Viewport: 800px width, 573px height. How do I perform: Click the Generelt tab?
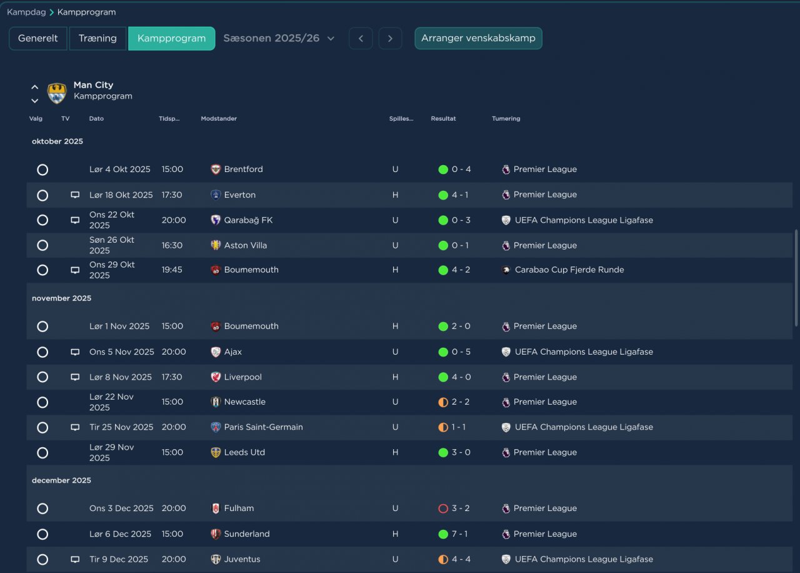click(x=38, y=38)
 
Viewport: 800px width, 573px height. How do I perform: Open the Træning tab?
click(x=97, y=38)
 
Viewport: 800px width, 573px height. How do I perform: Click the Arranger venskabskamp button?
click(x=478, y=38)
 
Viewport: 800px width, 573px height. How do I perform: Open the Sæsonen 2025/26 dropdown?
click(x=279, y=38)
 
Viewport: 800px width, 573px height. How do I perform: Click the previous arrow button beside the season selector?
click(x=361, y=38)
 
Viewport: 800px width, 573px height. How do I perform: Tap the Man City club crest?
click(x=57, y=93)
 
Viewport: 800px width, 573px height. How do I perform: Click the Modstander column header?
click(x=219, y=118)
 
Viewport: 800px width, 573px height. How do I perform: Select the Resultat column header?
click(x=443, y=118)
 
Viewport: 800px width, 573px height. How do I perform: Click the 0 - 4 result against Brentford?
click(x=461, y=169)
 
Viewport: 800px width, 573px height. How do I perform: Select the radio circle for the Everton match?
click(x=42, y=195)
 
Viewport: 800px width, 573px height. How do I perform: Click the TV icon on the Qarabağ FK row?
click(x=75, y=220)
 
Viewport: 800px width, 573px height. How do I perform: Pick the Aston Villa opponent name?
click(x=246, y=245)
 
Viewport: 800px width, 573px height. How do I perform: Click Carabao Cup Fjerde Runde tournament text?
click(x=569, y=270)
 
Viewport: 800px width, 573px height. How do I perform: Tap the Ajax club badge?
click(x=216, y=352)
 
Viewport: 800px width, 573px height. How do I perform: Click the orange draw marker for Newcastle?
click(x=443, y=402)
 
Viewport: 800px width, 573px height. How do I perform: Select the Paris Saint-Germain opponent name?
click(x=263, y=427)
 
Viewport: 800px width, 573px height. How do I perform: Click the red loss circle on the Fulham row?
click(x=443, y=509)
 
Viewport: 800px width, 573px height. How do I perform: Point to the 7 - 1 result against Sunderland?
click(x=459, y=534)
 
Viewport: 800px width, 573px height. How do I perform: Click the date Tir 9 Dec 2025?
click(x=119, y=559)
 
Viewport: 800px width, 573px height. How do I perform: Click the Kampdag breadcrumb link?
click(x=26, y=12)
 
